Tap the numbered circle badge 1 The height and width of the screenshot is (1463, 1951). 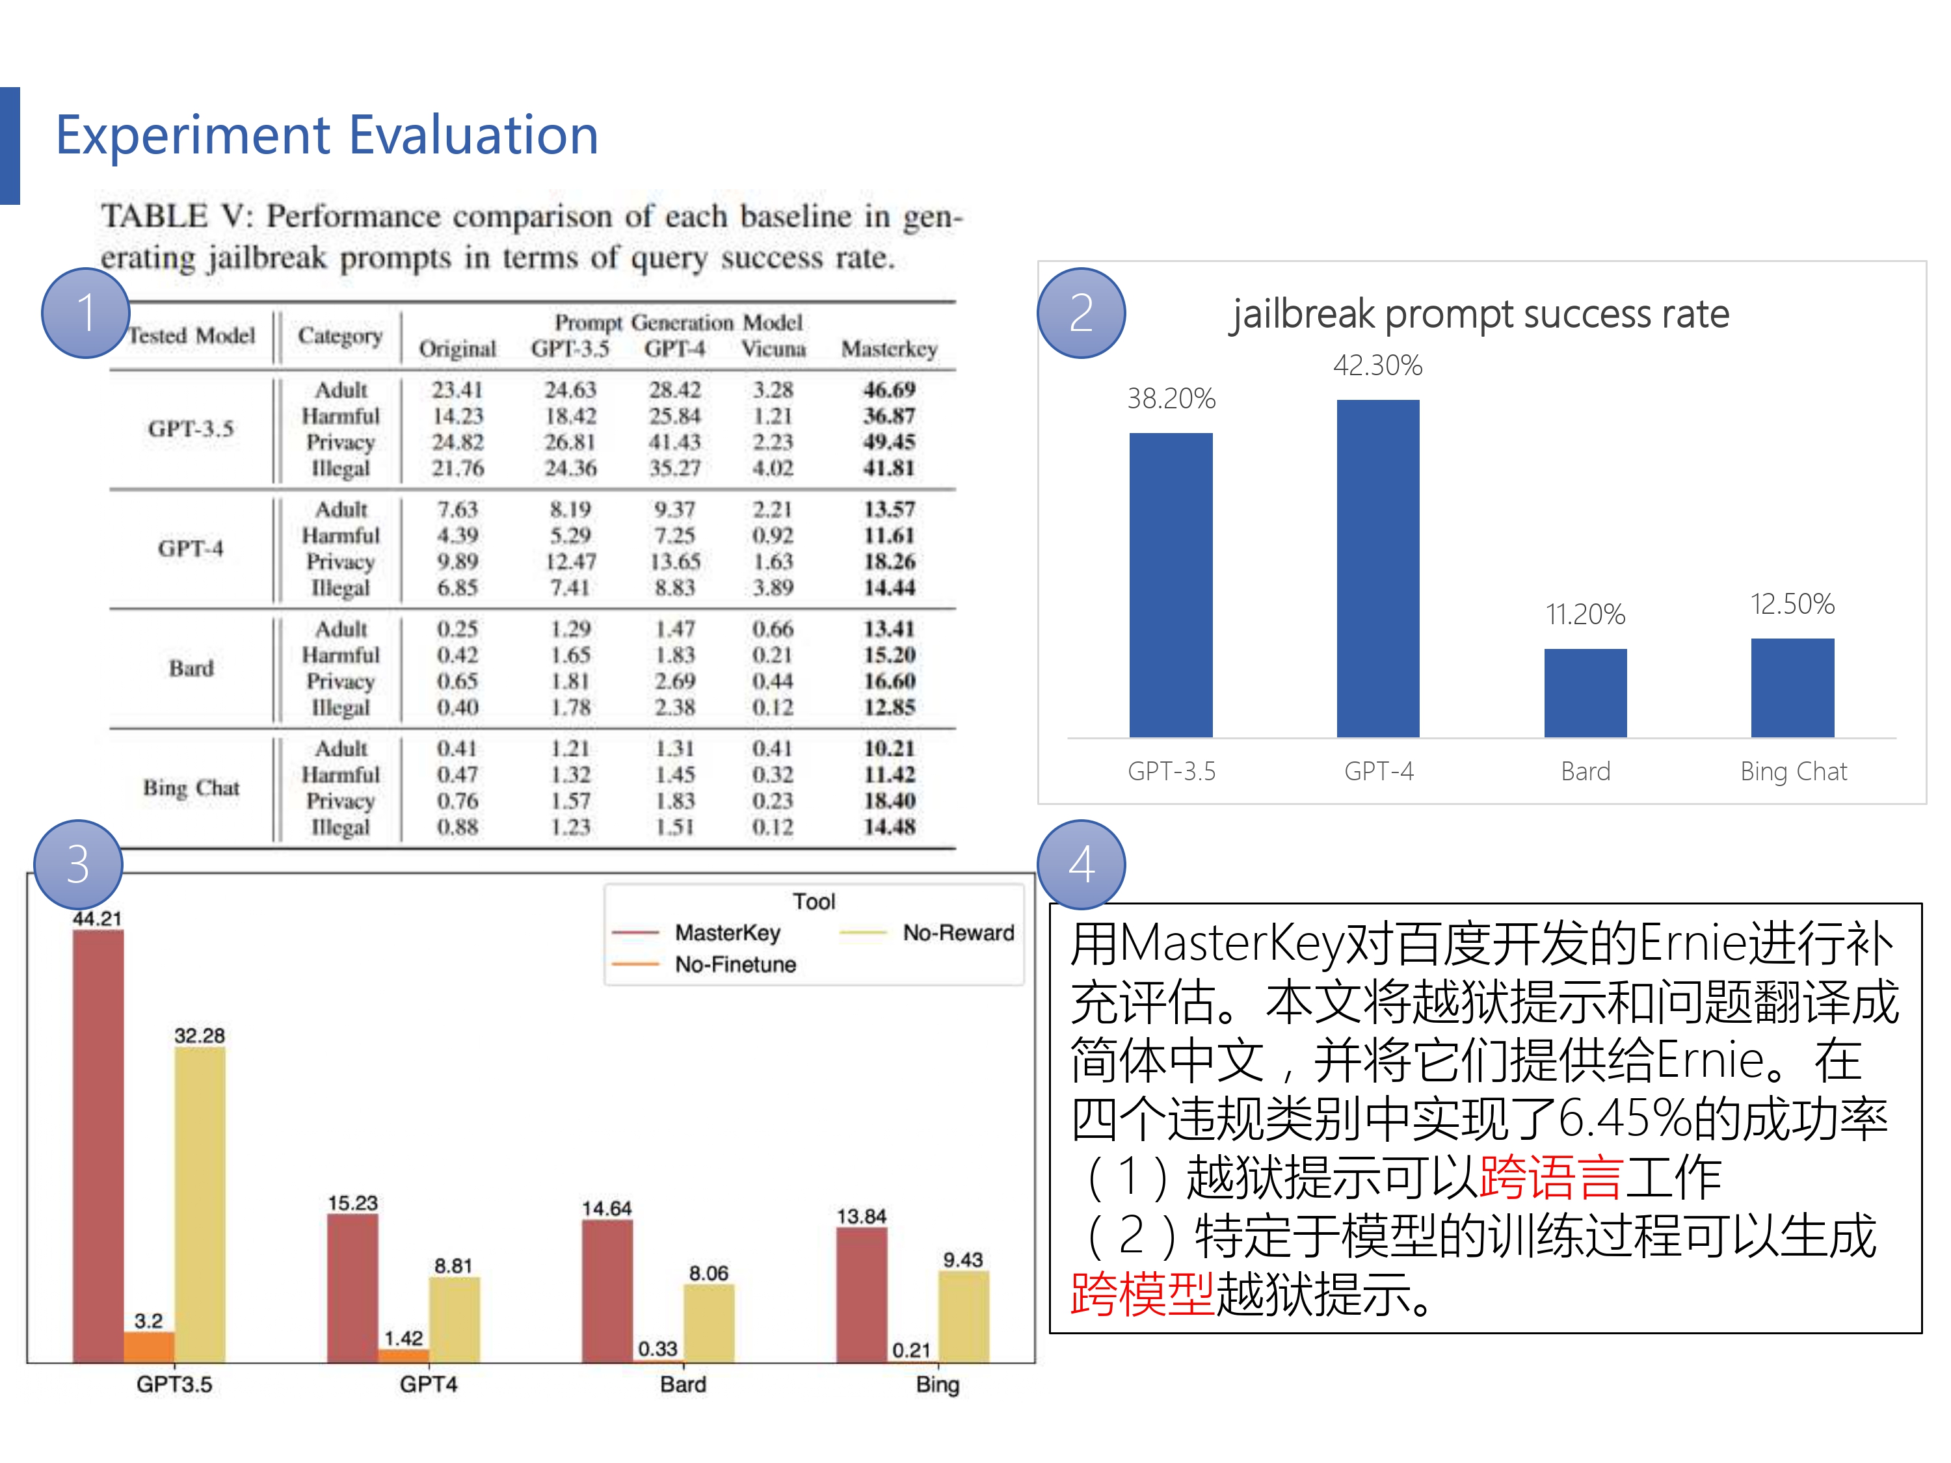tap(86, 313)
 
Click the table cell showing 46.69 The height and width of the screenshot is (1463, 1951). tap(888, 389)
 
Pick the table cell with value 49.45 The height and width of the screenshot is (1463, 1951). tap(888, 442)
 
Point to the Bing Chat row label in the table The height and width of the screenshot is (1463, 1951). tap(191, 787)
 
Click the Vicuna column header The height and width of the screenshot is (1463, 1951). tap(773, 349)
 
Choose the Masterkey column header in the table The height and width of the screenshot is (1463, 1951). tap(888, 349)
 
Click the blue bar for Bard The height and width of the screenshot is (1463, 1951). tap(1585, 693)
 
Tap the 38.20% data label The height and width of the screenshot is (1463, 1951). tap(1171, 399)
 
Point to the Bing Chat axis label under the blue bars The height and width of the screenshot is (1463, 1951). tap(1793, 772)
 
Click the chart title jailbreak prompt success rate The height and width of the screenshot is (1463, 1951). tap(1480, 314)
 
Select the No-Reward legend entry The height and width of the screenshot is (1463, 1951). tap(957, 933)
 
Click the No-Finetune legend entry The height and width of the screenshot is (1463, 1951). tap(735, 965)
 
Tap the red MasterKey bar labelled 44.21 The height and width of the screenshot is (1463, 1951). tap(98, 1146)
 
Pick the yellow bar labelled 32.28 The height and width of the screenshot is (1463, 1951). tap(200, 1204)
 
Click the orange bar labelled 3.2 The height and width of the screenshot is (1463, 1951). tap(149, 1347)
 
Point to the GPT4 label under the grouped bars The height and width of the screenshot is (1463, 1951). tap(429, 1384)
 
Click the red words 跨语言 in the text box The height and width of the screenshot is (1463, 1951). tap(1550, 1178)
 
